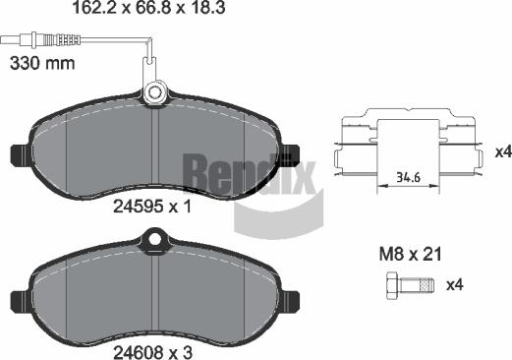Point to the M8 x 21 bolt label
[410, 255]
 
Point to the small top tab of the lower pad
[152, 237]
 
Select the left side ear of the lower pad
[18, 294]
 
